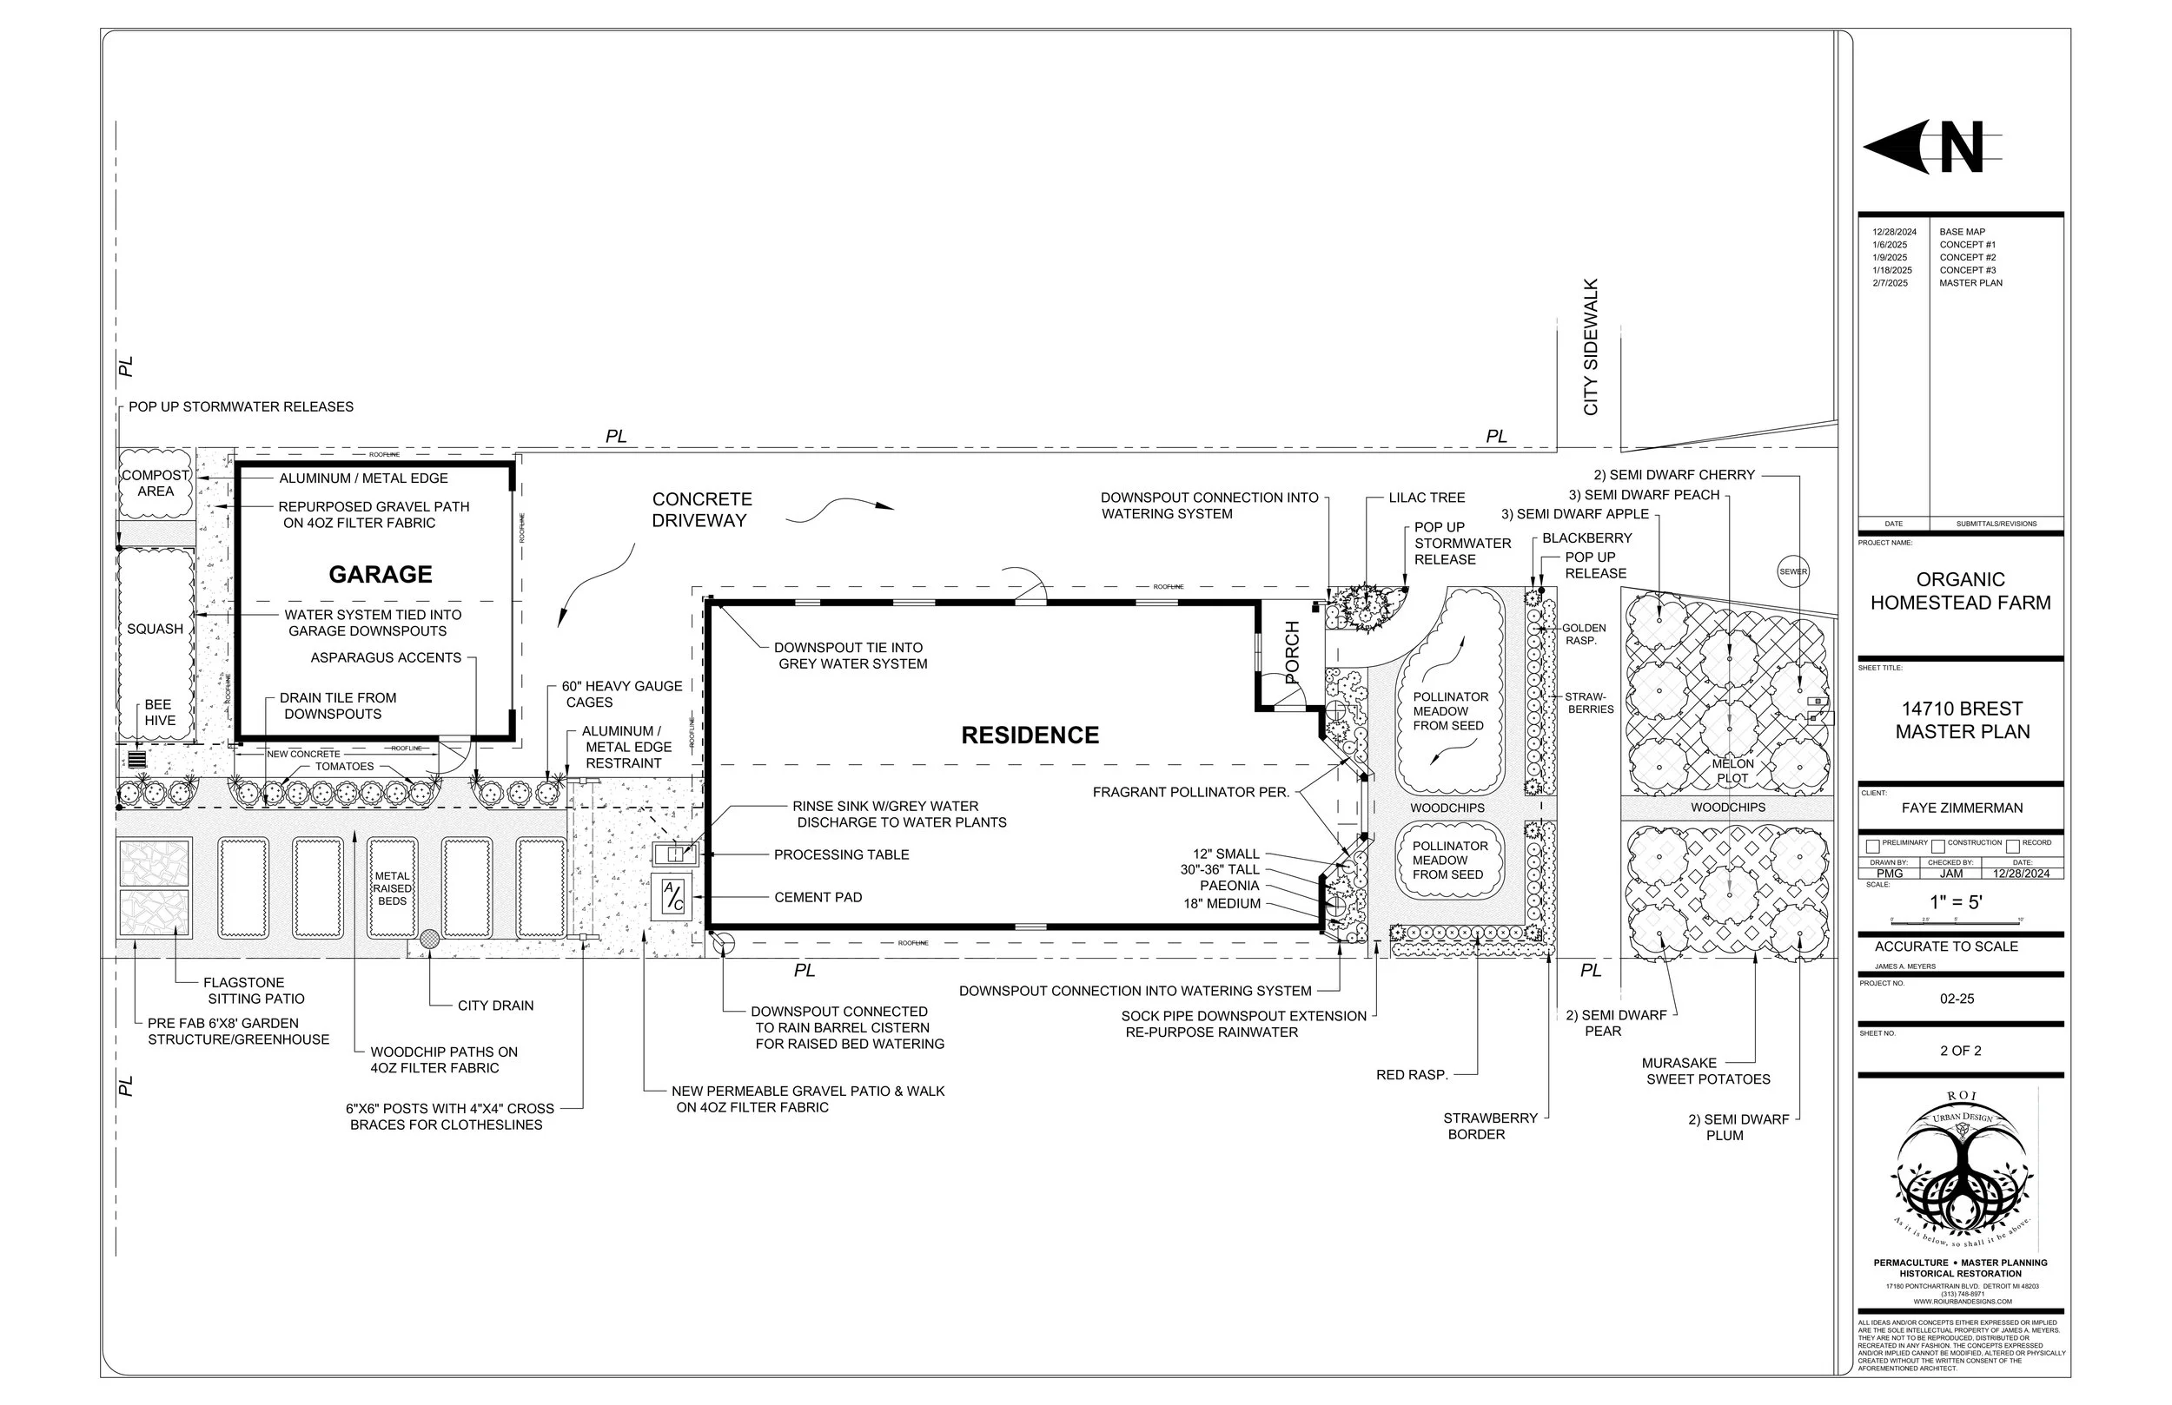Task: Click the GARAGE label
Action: click(381, 574)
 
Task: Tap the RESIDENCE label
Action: click(1030, 735)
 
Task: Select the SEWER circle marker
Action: click(1792, 572)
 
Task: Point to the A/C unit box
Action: click(672, 898)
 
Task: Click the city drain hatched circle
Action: click(429, 938)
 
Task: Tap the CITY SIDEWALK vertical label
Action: click(1591, 347)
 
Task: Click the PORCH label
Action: click(1292, 651)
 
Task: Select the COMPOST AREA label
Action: click(156, 483)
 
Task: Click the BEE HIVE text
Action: click(159, 713)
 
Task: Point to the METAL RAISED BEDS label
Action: click(393, 888)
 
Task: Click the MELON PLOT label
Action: click(1732, 771)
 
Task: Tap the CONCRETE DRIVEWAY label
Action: click(701, 510)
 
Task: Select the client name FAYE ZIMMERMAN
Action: click(1961, 808)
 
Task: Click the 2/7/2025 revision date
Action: click(1890, 283)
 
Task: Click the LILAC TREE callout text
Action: click(1427, 498)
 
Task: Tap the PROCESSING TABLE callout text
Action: click(840, 854)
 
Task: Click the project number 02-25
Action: click(1957, 999)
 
